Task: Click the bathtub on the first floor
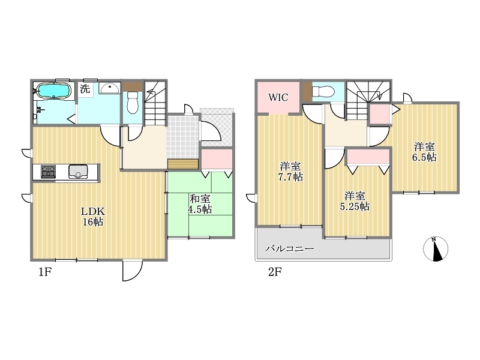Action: coord(53,91)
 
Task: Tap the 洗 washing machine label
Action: coord(85,89)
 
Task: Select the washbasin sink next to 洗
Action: coord(110,88)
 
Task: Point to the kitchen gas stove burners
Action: coord(49,172)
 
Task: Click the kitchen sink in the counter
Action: coord(79,172)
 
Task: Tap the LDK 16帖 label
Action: coord(93,217)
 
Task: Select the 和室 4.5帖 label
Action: coord(200,204)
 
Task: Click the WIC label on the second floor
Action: coord(278,97)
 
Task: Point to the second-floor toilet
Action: coord(323,91)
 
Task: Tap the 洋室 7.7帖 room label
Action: coord(290,172)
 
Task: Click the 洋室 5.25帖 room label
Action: coord(355,201)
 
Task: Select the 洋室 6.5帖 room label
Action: coord(424,152)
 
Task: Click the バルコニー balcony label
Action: coord(290,248)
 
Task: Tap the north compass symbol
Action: coord(436,249)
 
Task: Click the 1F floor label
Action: coord(44,272)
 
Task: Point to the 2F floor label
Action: coord(275,272)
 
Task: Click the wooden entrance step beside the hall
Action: coord(183,164)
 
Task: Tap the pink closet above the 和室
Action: coord(217,159)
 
